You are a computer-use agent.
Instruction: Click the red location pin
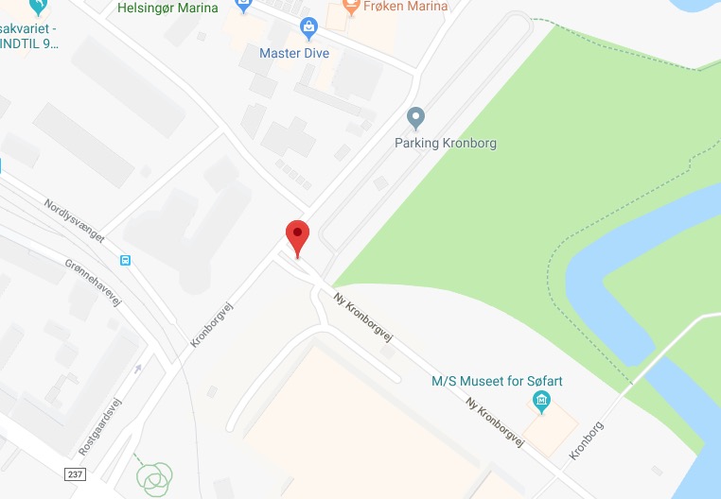pyautogui.click(x=297, y=235)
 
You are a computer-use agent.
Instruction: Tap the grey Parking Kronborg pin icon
pyautogui.click(x=414, y=119)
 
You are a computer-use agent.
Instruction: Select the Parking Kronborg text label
pyautogui.click(x=445, y=144)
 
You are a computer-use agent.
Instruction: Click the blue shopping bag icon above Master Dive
pyautogui.click(x=307, y=28)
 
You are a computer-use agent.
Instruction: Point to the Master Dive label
pyautogui.click(x=294, y=54)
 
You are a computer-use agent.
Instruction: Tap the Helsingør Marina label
pyautogui.click(x=167, y=8)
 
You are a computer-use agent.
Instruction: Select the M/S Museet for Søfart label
pyautogui.click(x=497, y=382)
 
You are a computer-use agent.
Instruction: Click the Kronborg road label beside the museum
pyautogui.click(x=587, y=440)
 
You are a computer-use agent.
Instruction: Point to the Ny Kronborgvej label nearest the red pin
pyautogui.click(x=363, y=317)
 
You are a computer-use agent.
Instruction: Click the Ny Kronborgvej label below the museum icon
pyautogui.click(x=495, y=419)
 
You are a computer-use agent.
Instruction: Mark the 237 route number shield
pyautogui.click(x=77, y=473)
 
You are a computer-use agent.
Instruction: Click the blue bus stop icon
pyautogui.click(x=126, y=260)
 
